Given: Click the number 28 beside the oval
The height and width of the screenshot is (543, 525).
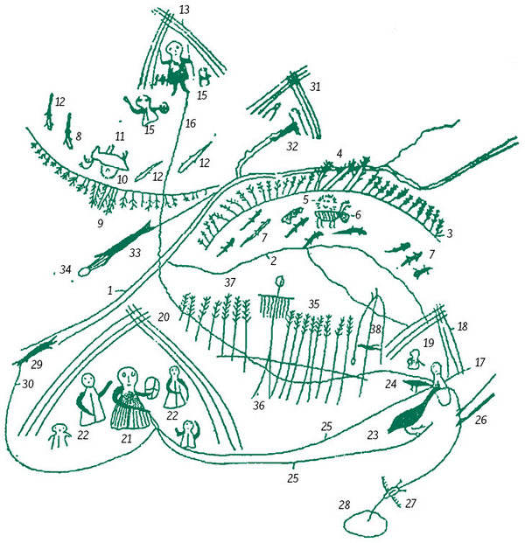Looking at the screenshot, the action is pyautogui.click(x=345, y=505).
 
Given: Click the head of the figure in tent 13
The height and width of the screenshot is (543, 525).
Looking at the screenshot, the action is pyautogui.click(x=175, y=50).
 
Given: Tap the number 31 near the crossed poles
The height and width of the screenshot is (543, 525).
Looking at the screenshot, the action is pyautogui.click(x=315, y=87).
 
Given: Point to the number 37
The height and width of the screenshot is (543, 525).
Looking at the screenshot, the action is pyautogui.click(x=230, y=282).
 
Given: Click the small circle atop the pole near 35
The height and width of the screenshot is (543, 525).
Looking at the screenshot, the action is pyautogui.click(x=279, y=281).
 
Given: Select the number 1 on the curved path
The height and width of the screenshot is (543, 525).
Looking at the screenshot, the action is pyautogui.click(x=110, y=290).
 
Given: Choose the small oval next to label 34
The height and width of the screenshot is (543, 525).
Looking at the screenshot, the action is pyautogui.click(x=83, y=272).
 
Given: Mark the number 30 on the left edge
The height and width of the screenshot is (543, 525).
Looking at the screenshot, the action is pyautogui.click(x=28, y=384).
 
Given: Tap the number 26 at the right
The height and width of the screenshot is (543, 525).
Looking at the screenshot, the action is pyautogui.click(x=481, y=420).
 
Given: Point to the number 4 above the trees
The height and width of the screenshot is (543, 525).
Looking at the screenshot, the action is pyautogui.click(x=339, y=153).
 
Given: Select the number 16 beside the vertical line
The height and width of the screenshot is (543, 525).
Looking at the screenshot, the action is pyautogui.click(x=191, y=123).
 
